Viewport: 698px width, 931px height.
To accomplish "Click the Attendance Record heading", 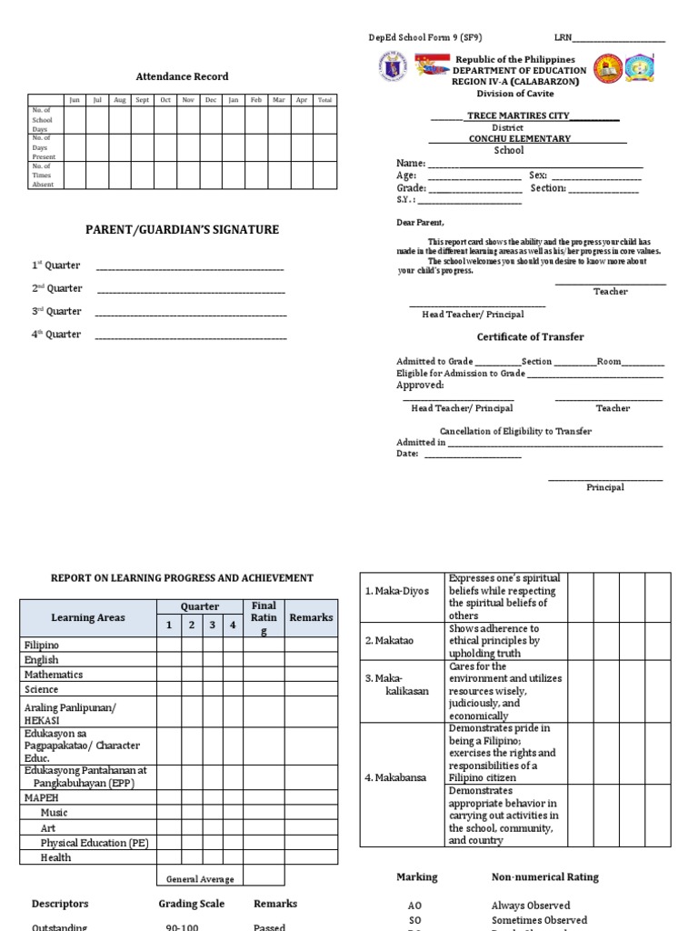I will (182, 76).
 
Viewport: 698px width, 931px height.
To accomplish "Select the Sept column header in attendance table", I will (143, 100).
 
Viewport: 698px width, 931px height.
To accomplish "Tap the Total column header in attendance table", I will (324, 100).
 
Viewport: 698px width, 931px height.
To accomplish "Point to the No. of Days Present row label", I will (44, 147).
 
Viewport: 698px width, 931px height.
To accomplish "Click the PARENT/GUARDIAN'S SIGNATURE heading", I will (182, 230).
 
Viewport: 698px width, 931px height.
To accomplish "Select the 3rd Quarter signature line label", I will (57, 312).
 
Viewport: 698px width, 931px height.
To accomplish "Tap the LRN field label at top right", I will (563, 38).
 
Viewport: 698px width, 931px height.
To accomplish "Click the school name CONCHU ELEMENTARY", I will (519, 139).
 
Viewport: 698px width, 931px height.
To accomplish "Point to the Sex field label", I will (538, 175).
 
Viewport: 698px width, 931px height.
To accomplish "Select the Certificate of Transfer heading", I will (531, 337).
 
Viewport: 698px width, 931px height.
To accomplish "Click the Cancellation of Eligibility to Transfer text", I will (515, 431).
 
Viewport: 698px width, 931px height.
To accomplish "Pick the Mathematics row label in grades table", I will (54, 675).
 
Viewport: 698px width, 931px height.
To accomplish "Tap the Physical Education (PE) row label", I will (95, 843).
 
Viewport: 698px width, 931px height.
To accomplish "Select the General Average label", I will (200, 879).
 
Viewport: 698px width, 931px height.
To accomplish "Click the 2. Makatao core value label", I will (389, 641).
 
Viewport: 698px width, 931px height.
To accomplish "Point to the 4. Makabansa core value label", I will (395, 778).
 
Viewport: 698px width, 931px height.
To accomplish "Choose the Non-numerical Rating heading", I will (544, 877).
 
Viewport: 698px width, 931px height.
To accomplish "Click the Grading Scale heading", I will (191, 905).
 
